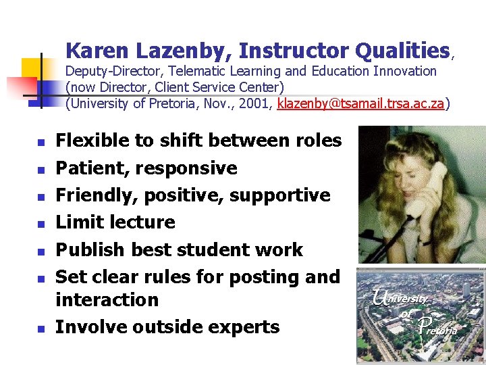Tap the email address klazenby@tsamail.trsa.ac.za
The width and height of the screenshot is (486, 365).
[360, 103]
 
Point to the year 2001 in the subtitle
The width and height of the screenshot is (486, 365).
[258, 103]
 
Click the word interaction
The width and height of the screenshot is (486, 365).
[107, 299]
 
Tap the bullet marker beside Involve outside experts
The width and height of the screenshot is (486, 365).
[40, 328]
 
